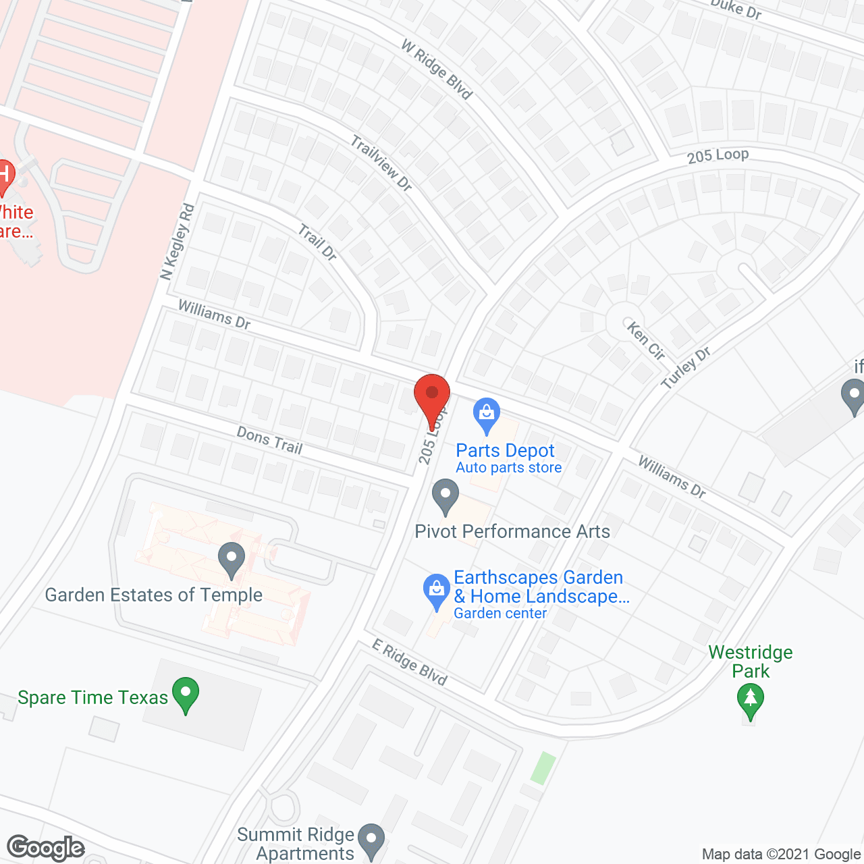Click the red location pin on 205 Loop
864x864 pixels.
pyautogui.click(x=431, y=398)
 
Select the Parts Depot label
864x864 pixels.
pyautogui.click(x=505, y=451)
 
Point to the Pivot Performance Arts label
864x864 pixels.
pyautogui.click(x=512, y=532)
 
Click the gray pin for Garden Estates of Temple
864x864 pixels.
pyautogui.click(x=232, y=560)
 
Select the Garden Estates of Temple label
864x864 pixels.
pyautogui.click(x=154, y=595)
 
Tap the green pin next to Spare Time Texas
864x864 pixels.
pyautogui.click(x=186, y=695)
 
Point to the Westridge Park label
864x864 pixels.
pyautogui.click(x=751, y=661)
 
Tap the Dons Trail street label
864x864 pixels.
pyautogui.click(x=269, y=440)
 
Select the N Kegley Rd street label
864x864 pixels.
pyautogui.click(x=177, y=242)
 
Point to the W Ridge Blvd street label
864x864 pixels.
pyautogui.click(x=437, y=69)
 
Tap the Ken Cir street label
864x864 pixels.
pyautogui.click(x=646, y=340)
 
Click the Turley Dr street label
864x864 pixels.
pyautogui.click(x=686, y=368)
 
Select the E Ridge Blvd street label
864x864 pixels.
pyautogui.click(x=410, y=662)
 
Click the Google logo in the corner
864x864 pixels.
pyautogui.click(x=46, y=848)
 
